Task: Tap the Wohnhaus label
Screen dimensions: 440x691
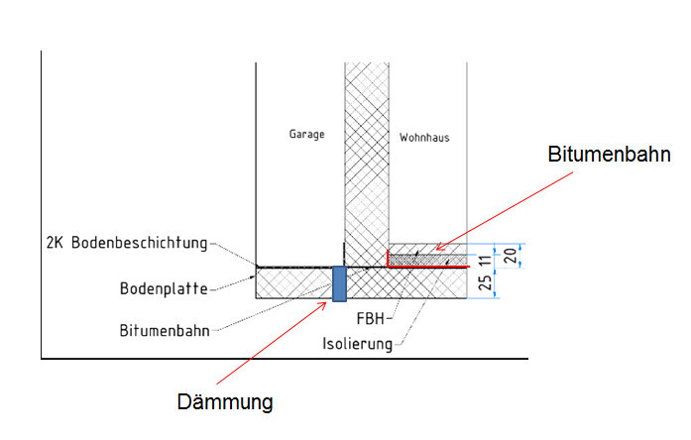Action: coord(424,138)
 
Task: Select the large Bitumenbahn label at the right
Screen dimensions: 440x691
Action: coord(610,155)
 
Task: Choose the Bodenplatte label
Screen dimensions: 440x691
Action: coord(164,289)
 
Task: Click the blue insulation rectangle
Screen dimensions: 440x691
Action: coord(339,282)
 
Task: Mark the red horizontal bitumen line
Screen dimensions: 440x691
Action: coord(426,267)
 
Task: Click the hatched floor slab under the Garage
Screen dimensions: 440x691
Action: coord(292,282)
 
